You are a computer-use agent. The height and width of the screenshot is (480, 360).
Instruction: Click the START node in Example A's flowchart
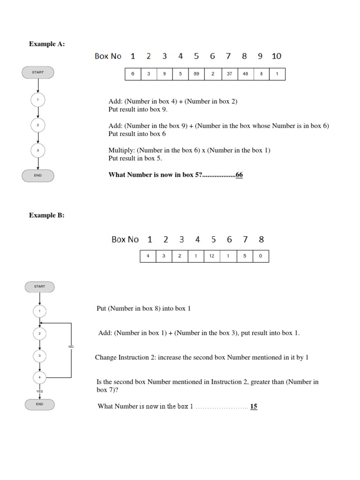(38, 72)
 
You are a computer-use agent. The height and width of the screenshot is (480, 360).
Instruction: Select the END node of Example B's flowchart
(39, 404)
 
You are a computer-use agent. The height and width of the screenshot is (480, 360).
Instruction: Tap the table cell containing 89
(196, 74)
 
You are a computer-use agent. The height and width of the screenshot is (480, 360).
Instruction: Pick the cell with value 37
(229, 74)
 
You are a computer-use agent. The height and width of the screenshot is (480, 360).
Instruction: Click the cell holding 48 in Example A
(245, 74)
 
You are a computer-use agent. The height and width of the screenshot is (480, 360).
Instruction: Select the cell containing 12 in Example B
(212, 256)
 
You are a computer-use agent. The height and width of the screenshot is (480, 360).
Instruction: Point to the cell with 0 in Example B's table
(261, 256)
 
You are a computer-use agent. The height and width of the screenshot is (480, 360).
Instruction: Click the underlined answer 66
(239, 175)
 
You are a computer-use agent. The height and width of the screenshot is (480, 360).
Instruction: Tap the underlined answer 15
(254, 406)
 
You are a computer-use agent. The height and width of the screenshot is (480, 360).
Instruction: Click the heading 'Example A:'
(47, 44)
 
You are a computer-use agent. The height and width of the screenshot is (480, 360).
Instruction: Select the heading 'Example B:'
(47, 216)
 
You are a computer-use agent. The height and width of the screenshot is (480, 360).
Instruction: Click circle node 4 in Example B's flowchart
(39, 377)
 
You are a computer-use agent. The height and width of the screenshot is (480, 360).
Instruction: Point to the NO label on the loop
(71, 346)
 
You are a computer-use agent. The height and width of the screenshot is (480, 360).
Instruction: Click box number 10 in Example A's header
(277, 56)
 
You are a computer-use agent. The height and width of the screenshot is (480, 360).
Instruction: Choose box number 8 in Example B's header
(261, 240)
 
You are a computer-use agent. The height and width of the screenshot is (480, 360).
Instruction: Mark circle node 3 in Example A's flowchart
(38, 150)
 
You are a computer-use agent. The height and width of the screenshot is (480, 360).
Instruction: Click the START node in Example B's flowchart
(39, 286)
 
